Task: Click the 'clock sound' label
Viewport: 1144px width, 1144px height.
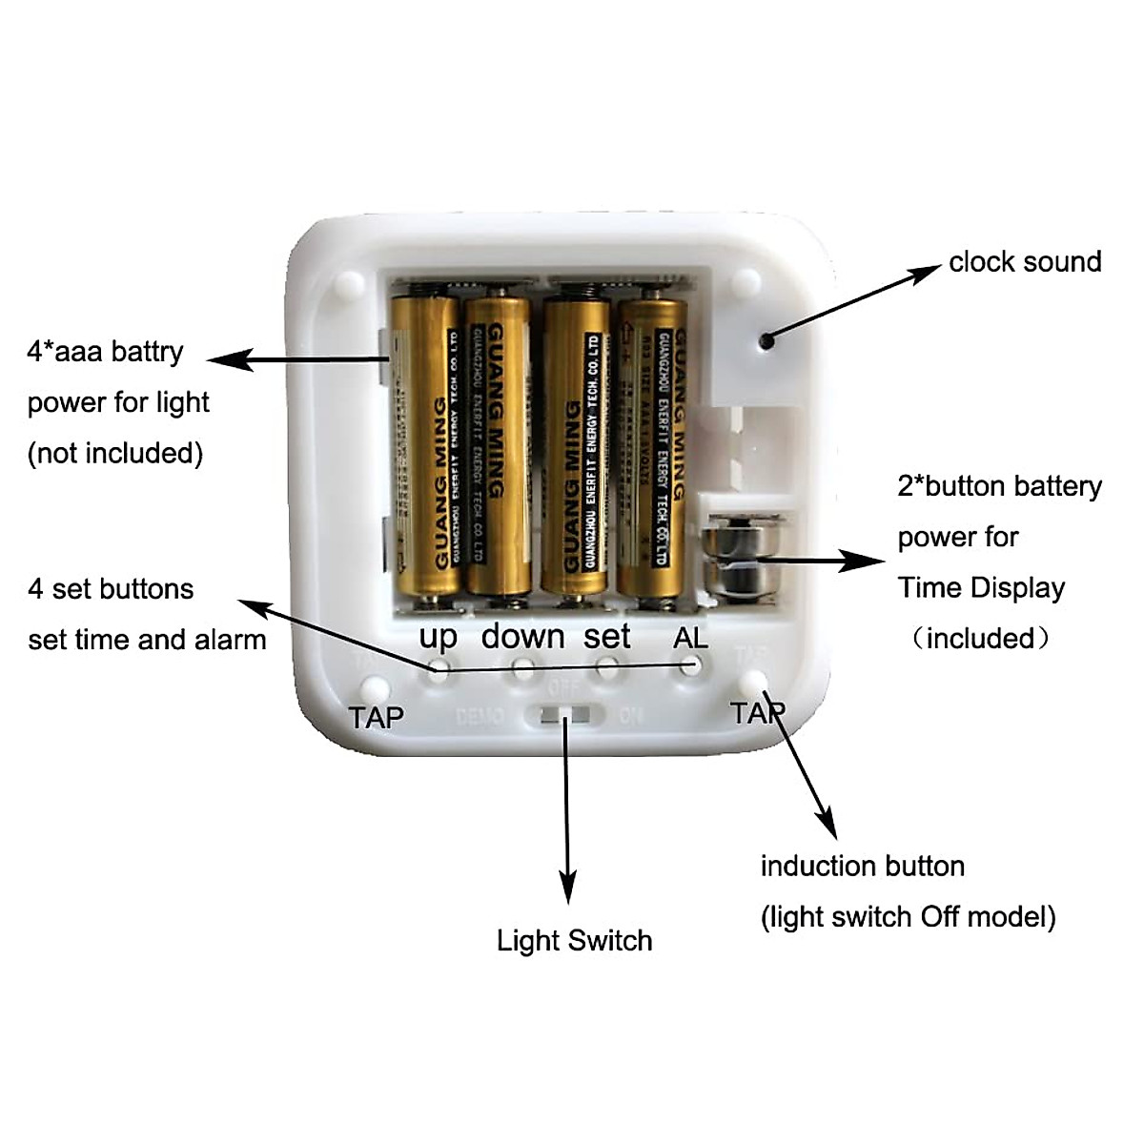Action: [x=1025, y=261]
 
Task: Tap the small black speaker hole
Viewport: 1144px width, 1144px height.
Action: [x=766, y=338]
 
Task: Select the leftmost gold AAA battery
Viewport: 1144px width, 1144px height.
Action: [x=426, y=447]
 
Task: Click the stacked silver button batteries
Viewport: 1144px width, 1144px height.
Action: [x=743, y=558]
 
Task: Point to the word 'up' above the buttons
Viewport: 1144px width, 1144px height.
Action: [x=439, y=637]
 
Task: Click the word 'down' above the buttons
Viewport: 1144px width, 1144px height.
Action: [x=522, y=636]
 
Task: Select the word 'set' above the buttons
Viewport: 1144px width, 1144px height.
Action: [x=607, y=636]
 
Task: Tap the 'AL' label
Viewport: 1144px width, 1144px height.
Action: [x=690, y=638]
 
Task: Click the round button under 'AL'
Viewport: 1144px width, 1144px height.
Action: [x=690, y=666]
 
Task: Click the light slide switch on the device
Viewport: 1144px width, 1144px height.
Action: [x=566, y=715]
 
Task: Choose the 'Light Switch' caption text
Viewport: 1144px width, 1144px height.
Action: [x=574, y=941]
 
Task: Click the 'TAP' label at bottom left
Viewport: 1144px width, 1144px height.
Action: [x=376, y=717]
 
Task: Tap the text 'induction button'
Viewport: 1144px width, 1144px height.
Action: [x=862, y=867]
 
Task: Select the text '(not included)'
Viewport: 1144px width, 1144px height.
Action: [x=115, y=453]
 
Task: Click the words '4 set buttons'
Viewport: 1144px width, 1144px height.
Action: [x=111, y=589]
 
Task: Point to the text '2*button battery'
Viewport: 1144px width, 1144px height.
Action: [x=999, y=486]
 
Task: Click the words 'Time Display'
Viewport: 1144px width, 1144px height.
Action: [x=981, y=587]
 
